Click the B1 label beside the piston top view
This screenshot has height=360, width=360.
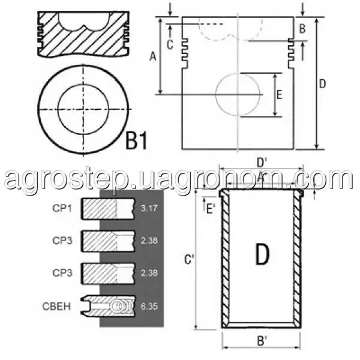click(x=136, y=140)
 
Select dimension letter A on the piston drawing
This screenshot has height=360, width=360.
click(x=152, y=56)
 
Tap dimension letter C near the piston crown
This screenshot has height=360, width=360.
click(x=170, y=44)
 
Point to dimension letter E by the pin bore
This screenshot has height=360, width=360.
click(x=280, y=95)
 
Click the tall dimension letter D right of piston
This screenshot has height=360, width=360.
click(x=323, y=84)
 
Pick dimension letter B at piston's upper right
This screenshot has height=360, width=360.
click(x=302, y=29)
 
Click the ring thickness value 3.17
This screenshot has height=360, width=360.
click(x=149, y=208)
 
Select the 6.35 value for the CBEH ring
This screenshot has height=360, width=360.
click(x=149, y=306)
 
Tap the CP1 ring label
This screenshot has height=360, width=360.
click(x=62, y=208)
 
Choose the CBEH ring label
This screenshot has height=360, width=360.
click(x=56, y=306)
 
